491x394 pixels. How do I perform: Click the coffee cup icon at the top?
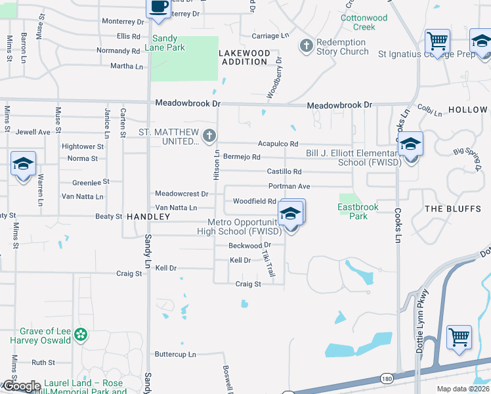[x=158, y=7]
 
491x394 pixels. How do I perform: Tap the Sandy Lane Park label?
[x=169, y=43]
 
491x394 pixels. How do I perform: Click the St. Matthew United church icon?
[x=209, y=136]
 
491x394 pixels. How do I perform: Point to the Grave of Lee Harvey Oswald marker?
[x=81, y=335]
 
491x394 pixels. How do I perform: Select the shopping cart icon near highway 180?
[x=459, y=338]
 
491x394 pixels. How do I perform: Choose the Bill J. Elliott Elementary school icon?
[x=410, y=144]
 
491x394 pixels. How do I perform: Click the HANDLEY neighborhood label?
[x=143, y=216]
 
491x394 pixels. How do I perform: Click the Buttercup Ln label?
[x=175, y=355]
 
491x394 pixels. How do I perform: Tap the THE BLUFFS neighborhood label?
[x=453, y=208]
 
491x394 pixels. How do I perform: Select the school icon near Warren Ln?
[x=23, y=164]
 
